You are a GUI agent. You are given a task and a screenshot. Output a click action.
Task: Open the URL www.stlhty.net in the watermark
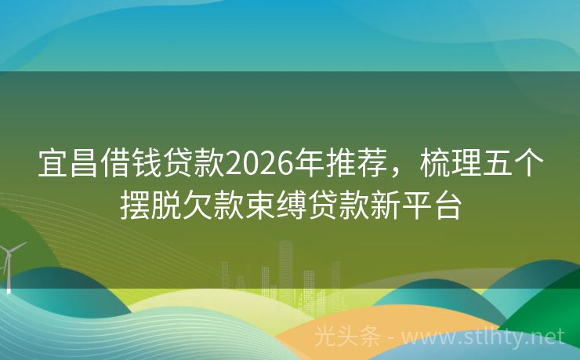(493, 337)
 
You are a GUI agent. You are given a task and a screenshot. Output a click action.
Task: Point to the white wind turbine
(9, 263)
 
